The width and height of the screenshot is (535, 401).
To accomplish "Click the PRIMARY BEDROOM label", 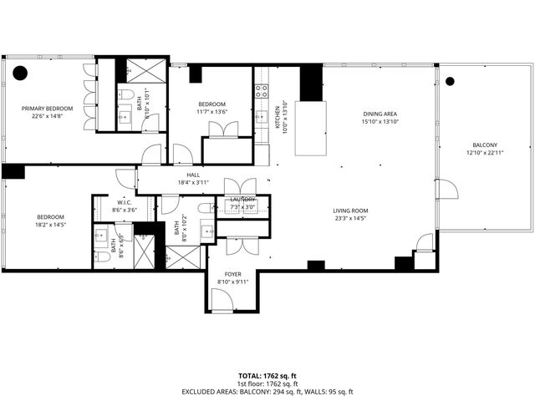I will click(x=47, y=109).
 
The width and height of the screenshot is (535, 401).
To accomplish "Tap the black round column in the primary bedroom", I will click(x=20, y=74).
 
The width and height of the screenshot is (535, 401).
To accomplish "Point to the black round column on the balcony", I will click(x=450, y=81).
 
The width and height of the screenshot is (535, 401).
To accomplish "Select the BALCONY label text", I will click(x=485, y=144).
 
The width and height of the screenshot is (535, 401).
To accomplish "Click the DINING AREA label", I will click(x=380, y=114).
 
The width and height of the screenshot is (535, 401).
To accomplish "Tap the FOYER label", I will click(x=233, y=273).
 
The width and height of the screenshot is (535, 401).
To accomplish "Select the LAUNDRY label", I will click(x=242, y=200).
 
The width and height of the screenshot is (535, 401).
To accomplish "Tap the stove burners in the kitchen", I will click(x=262, y=89).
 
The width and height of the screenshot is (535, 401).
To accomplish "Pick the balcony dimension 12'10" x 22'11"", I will click(x=485, y=153).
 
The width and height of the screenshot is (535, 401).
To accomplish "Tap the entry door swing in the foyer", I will click(x=222, y=302).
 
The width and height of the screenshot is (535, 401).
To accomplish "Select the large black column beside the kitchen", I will click(x=311, y=83).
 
